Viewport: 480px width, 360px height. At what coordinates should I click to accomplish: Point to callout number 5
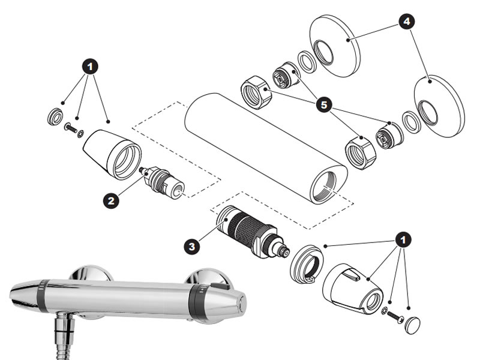click(x=325, y=106)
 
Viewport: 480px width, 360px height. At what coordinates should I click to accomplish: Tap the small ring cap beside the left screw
click(x=55, y=116)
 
